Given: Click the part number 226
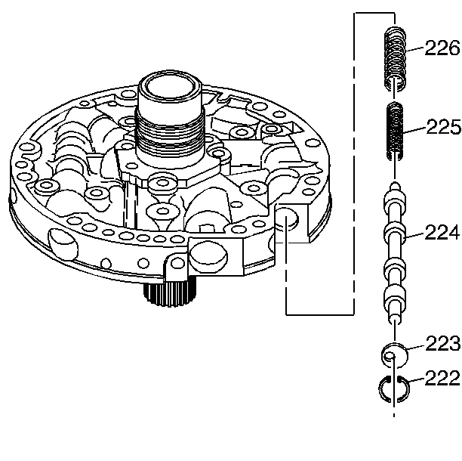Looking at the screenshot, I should click(442, 49).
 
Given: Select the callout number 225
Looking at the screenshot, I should click(442, 126).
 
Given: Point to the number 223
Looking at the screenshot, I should click(443, 345).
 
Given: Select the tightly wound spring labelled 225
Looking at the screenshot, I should click(395, 130).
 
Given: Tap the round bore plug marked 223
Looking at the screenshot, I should click(394, 354).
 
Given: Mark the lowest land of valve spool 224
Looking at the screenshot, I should click(394, 294).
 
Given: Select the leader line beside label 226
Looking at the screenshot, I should click(416, 51).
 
